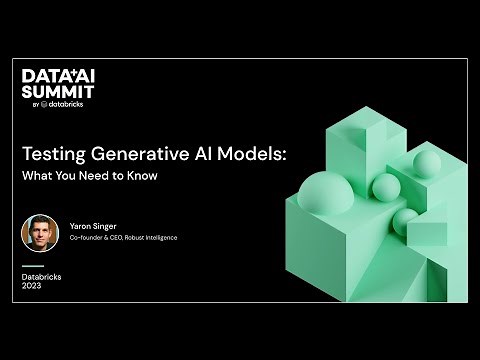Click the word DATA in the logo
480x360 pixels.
tap(40, 77)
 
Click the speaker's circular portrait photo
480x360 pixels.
tap(40, 233)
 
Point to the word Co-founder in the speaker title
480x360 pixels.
tap(87, 239)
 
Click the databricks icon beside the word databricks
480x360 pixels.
tap(45, 104)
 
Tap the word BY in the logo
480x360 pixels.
tap(35, 104)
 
